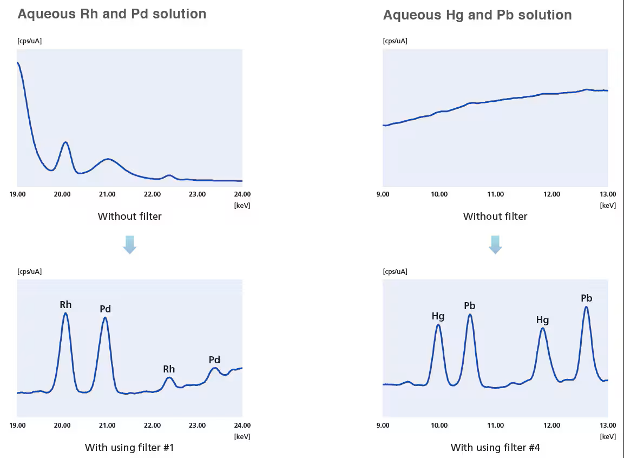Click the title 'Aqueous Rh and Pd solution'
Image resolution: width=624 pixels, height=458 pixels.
pyautogui.click(x=111, y=14)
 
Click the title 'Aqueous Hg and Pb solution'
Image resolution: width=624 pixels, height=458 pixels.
pyautogui.click(x=477, y=15)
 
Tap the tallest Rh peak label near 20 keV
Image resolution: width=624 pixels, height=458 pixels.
pyautogui.click(x=65, y=305)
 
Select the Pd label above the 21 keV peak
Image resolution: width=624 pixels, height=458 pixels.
pyautogui.click(x=105, y=309)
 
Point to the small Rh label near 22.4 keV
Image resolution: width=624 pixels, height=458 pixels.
pyautogui.click(x=169, y=369)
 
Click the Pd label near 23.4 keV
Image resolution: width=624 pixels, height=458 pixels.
pyautogui.click(x=214, y=360)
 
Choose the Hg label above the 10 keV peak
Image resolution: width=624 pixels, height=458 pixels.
pyautogui.click(x=438, y=316)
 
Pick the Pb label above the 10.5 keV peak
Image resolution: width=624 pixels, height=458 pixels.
pyautogui.click(x=470, y=306)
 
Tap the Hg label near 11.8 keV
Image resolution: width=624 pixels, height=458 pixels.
pyautogui.click(x=542, y=320)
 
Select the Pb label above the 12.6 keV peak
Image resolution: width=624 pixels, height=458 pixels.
pyautogui.click(x=586, y=298)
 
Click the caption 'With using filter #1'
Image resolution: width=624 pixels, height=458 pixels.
pyautogui.click(x=129, y=448)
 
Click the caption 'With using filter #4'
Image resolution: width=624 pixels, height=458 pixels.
pyautogui.click(x=495, y=448)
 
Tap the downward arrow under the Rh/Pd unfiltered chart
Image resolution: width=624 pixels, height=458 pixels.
pyautogui.click(x=129, y=245)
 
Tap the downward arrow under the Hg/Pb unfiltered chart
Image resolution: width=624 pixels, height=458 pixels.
pyautogui.click(x=495, y=245)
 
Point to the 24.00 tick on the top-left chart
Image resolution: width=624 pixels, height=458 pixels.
pyautogui.click(x=242, y=194)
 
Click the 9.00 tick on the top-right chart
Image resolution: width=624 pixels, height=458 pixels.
pyautogui.click(x=383, y=194)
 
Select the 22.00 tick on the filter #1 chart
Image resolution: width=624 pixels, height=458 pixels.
pyautogui.click(x=152, y=426)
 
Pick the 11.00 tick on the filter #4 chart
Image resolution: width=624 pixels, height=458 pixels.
pyautogui.click(x=495, y=426)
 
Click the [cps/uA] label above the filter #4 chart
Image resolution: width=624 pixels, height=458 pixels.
pyautogui.click(x=395, y=271)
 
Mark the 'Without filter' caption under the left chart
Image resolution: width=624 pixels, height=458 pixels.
pyautogui.click(x=129, y=217)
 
